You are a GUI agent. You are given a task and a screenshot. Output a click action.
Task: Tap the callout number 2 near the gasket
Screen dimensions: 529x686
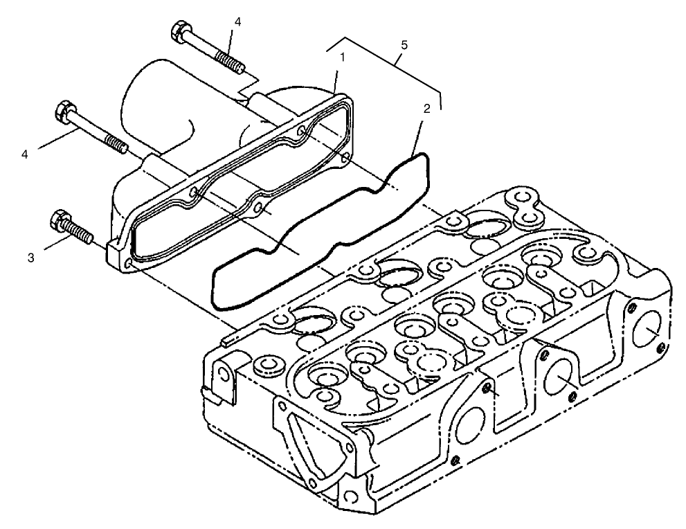coord(428,108)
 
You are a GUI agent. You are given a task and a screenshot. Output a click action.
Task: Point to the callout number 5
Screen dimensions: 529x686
coord(404,45)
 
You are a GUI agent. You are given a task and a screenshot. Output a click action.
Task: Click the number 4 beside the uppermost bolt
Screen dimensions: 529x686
coord(237,22)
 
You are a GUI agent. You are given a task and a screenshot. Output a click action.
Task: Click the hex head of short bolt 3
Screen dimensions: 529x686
coord(60,221)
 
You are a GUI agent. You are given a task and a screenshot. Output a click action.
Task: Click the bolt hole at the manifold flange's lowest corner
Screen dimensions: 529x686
coord(128,264)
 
